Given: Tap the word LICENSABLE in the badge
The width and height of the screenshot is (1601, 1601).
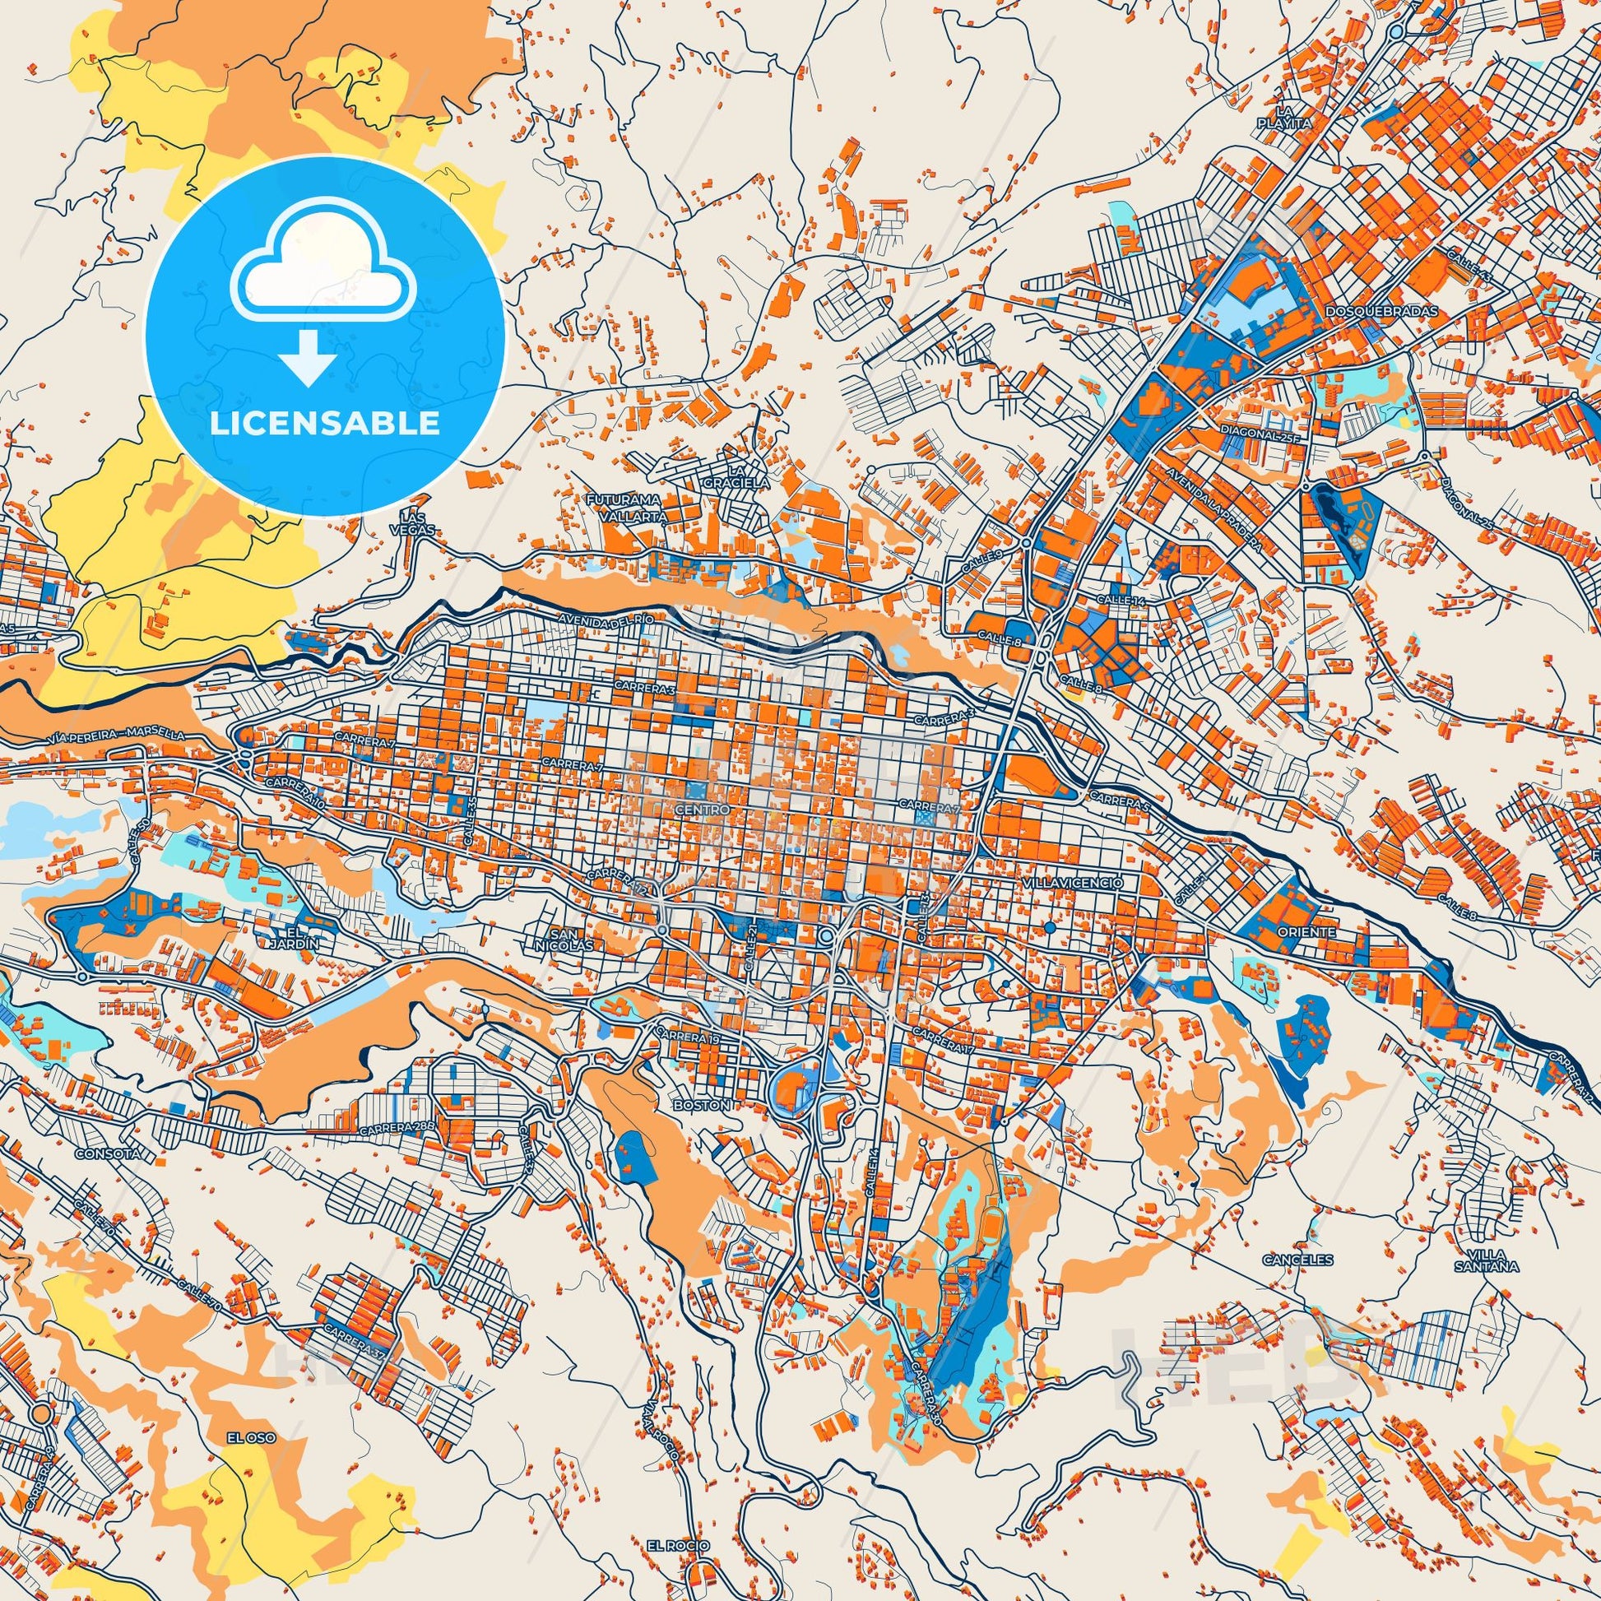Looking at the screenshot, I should point(325,423).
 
